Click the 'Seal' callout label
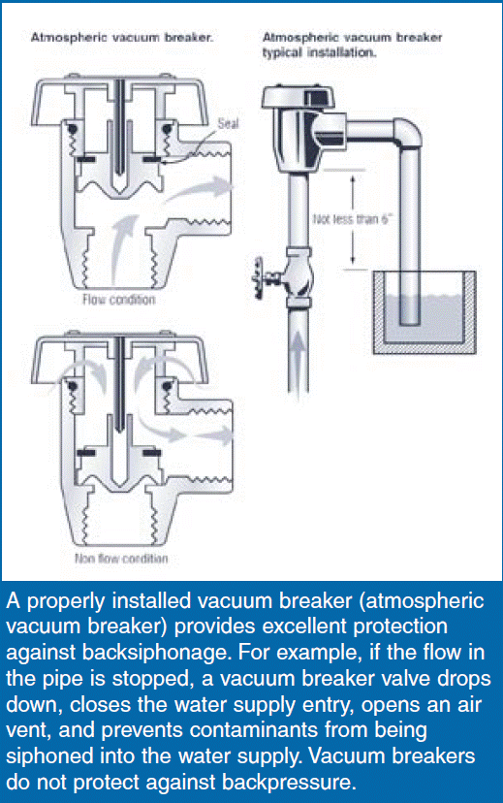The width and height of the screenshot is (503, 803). tap(228, 123)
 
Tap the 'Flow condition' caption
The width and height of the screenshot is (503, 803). tap(118, 299)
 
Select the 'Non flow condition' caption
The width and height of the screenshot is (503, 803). tap(121, 558)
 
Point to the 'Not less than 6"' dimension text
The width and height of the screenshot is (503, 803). tap(353, 219)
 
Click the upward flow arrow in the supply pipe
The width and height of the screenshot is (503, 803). tap(298, 359)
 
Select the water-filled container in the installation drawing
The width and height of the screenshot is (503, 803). tap(424, 312)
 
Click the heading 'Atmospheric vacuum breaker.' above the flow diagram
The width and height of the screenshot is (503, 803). tap(122, 38)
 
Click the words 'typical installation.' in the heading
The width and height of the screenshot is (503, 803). tap(319, 52)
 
